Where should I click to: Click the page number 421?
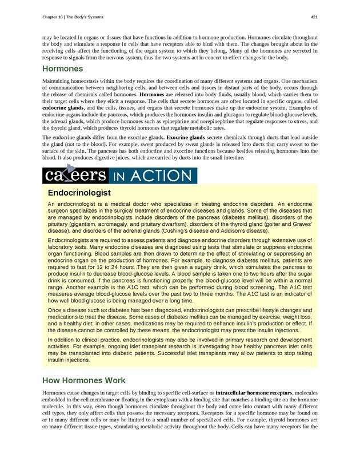point(314,17)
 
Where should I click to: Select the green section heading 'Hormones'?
point(63,69)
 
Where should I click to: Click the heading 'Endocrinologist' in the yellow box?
point(79,193)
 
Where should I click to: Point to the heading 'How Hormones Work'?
point(84,380)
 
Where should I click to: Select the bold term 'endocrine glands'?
point(61,107)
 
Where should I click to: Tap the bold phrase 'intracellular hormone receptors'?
point(254,393)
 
